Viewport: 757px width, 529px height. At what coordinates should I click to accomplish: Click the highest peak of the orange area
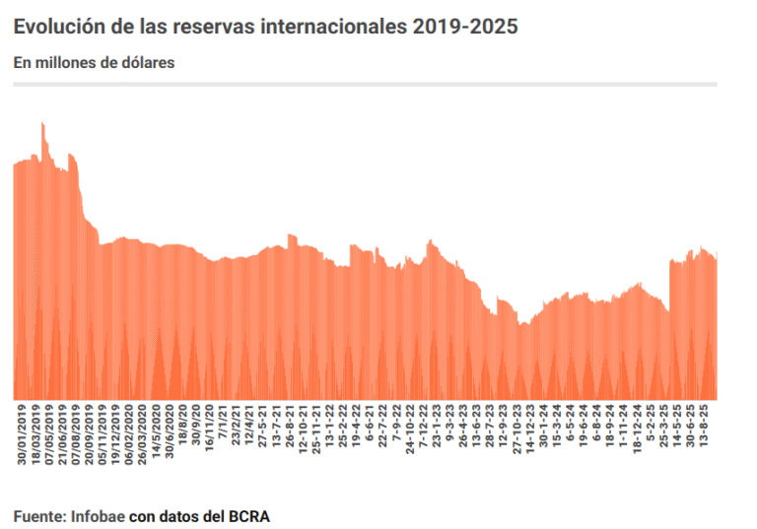(42, 123)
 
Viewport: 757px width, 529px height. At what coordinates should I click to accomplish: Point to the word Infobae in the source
(98, 516)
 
